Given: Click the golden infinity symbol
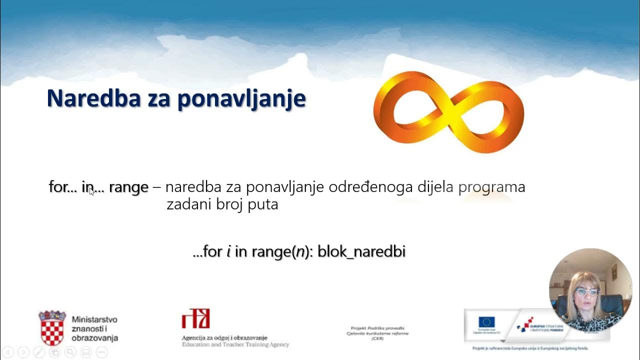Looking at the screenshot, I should pyautogui.click(x=448, y=111).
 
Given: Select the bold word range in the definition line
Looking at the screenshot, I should pyautogui.click(x=128, y=187).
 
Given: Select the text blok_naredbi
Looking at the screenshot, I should pyautogui.click(x=361, y=251).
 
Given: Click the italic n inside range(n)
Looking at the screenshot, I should pyautogui.click(x=299, y=251).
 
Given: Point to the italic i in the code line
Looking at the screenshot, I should pyautogui.click(x=228, y=251).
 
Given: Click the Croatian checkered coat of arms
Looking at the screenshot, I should pyautogui.click(x=52, y=328).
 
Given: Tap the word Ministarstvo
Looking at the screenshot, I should pyautogui.click(x=94, y=319).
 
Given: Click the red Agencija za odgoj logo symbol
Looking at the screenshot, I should pyautogui.click(x=195, y=318).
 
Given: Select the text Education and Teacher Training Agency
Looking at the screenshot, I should pyautogui.click(x=235, y=345).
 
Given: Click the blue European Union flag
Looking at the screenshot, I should pyautogui.click(x=486, y=322).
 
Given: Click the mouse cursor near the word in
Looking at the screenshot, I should pyautogui.click(x=91, y=191).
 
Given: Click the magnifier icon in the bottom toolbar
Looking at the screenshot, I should pyautogui.click(x=70, y=352).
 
